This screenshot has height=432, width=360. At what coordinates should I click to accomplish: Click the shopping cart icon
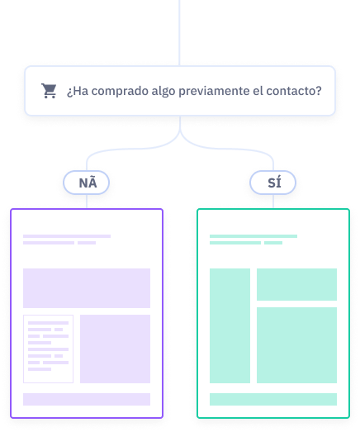click(x=49, y=91)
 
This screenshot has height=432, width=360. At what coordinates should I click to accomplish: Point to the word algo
click(x=163, y=92)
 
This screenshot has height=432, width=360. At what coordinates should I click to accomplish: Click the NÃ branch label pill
click(x=86, y=183)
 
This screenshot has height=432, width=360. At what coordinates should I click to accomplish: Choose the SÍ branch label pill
click(x=272, y=183)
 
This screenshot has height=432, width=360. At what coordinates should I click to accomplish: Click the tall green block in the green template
click(x=230, y=325)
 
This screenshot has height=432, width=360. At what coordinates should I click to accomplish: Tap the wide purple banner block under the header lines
click(x=87, y=288)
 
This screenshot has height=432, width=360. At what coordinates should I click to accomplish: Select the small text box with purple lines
click(x=48, y=349)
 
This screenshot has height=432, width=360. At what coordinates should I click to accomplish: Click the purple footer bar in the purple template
click(x=87, y=399)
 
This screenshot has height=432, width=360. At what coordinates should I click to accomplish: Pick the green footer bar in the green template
click(x=273, y=399)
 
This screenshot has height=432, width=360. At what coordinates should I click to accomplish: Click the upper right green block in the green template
click(x=296, y=284)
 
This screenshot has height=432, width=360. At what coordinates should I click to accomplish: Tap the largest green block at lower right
click(x=296, y=345)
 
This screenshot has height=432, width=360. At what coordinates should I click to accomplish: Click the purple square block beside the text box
click(x=115, y=349)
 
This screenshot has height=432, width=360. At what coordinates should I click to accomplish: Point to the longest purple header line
click(x=67, y=236)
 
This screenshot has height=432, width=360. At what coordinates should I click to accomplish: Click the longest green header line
click(x=253, y=236)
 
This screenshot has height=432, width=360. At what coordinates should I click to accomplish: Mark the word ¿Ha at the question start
click(x=78, y=91)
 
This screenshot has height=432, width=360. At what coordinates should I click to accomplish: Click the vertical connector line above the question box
click(x=179, y=33)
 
